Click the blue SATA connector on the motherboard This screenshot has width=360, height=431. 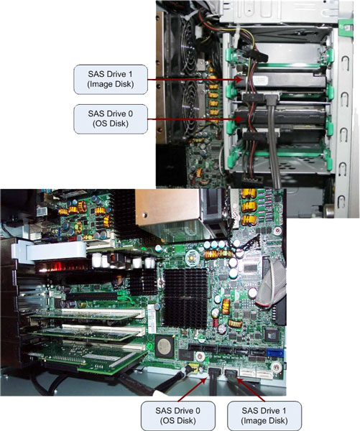[275, 353]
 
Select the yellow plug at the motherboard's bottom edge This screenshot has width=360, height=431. [194, 368]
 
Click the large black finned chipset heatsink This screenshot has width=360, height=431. [185, 298]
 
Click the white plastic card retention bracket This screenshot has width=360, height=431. [50, 251]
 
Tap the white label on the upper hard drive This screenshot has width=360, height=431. [260, 80]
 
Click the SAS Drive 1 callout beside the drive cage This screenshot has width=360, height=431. [111, 79]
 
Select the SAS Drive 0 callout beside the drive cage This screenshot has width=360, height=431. [111, 119]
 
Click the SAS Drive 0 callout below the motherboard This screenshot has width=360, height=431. [178, 416]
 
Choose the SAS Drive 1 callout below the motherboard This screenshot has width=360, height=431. [264, 416]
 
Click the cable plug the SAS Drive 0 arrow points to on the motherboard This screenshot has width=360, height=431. [213, 374]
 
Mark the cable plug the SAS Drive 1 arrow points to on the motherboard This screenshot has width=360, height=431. [231, 374]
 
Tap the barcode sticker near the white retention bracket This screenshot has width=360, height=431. [42, 211]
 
